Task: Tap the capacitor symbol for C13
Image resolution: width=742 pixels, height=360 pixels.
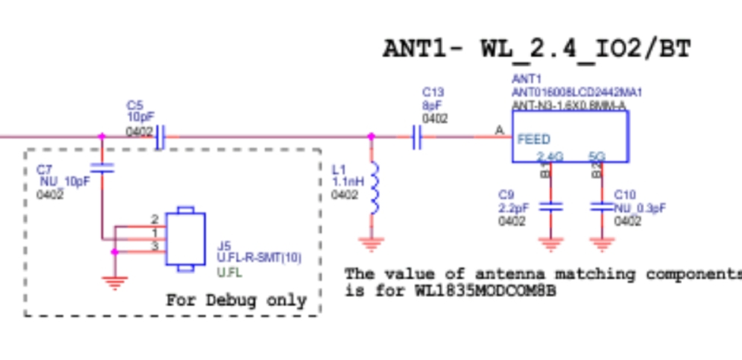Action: (x=415, y=137)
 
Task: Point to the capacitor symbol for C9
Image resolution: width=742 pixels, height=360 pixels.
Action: (x=550, y=206)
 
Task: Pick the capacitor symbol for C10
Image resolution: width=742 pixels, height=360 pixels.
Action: (x=601, y=206)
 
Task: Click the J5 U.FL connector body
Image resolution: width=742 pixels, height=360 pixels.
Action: (x=187, y=238)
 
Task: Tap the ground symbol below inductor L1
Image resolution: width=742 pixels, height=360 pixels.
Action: (x=372, y=244)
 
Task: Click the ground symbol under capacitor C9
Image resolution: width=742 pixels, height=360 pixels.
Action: (x=550, y=244)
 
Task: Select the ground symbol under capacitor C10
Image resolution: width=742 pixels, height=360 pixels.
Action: (x=601, y=244)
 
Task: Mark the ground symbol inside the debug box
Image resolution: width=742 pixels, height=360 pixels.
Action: (x=115, y=283)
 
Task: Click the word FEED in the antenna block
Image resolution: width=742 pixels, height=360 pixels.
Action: (x=534, y=140)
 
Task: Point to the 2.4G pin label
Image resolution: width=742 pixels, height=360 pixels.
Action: (x=550, y=156)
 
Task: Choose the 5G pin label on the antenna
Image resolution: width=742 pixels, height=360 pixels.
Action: (x=597, y=156)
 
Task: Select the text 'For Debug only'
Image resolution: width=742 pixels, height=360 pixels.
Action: (x=236, y=300)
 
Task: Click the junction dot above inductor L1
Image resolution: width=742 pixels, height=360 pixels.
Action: (x=371, y=137)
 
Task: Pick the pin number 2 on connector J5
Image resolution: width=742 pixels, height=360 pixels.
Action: (x=154, y=219)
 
